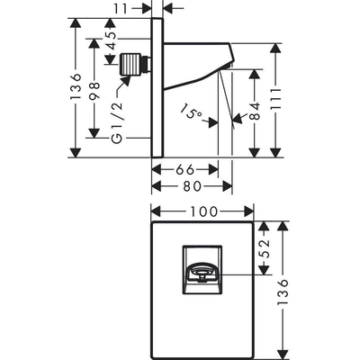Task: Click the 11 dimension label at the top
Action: point(121,9)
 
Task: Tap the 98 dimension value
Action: point(94,91)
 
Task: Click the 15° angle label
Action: point(191,112)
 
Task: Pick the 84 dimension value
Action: point(256,112)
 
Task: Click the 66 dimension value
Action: point(184,170)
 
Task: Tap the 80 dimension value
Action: point(192,186)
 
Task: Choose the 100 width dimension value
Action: point(203,211)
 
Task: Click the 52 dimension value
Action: point(264,248)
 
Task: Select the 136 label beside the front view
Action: point(283,292)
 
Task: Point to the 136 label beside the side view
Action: point(76,86)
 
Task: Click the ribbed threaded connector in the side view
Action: point(130,64)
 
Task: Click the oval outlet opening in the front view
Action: point(201,271)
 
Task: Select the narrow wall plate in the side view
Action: point(157,87)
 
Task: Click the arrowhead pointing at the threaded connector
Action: point(125,81)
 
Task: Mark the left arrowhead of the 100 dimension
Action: point(157,211)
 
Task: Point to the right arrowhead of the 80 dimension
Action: point(227,186)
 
